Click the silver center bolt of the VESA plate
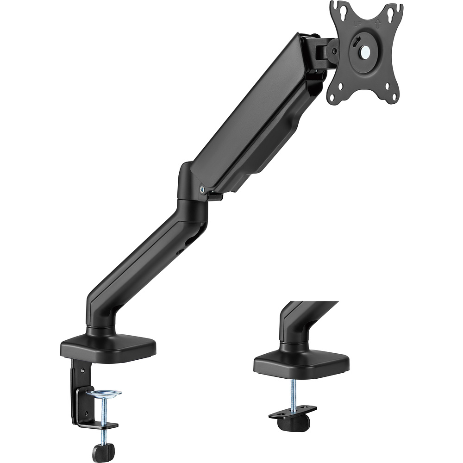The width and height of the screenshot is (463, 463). [x=366, y=52]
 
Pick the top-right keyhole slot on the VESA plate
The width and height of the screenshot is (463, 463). [x=394, y=10]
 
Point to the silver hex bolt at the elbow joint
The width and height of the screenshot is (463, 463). [x=202, y=188]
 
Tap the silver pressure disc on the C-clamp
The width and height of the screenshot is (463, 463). [x=104, y=393]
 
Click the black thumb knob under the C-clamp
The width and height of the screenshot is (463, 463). [x=103, y=452]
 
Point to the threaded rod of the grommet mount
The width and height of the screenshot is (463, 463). [x=293, y=393]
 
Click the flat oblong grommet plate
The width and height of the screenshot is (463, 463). [x=293, y=413]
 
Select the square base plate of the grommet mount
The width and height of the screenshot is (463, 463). [x=301, y=363]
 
